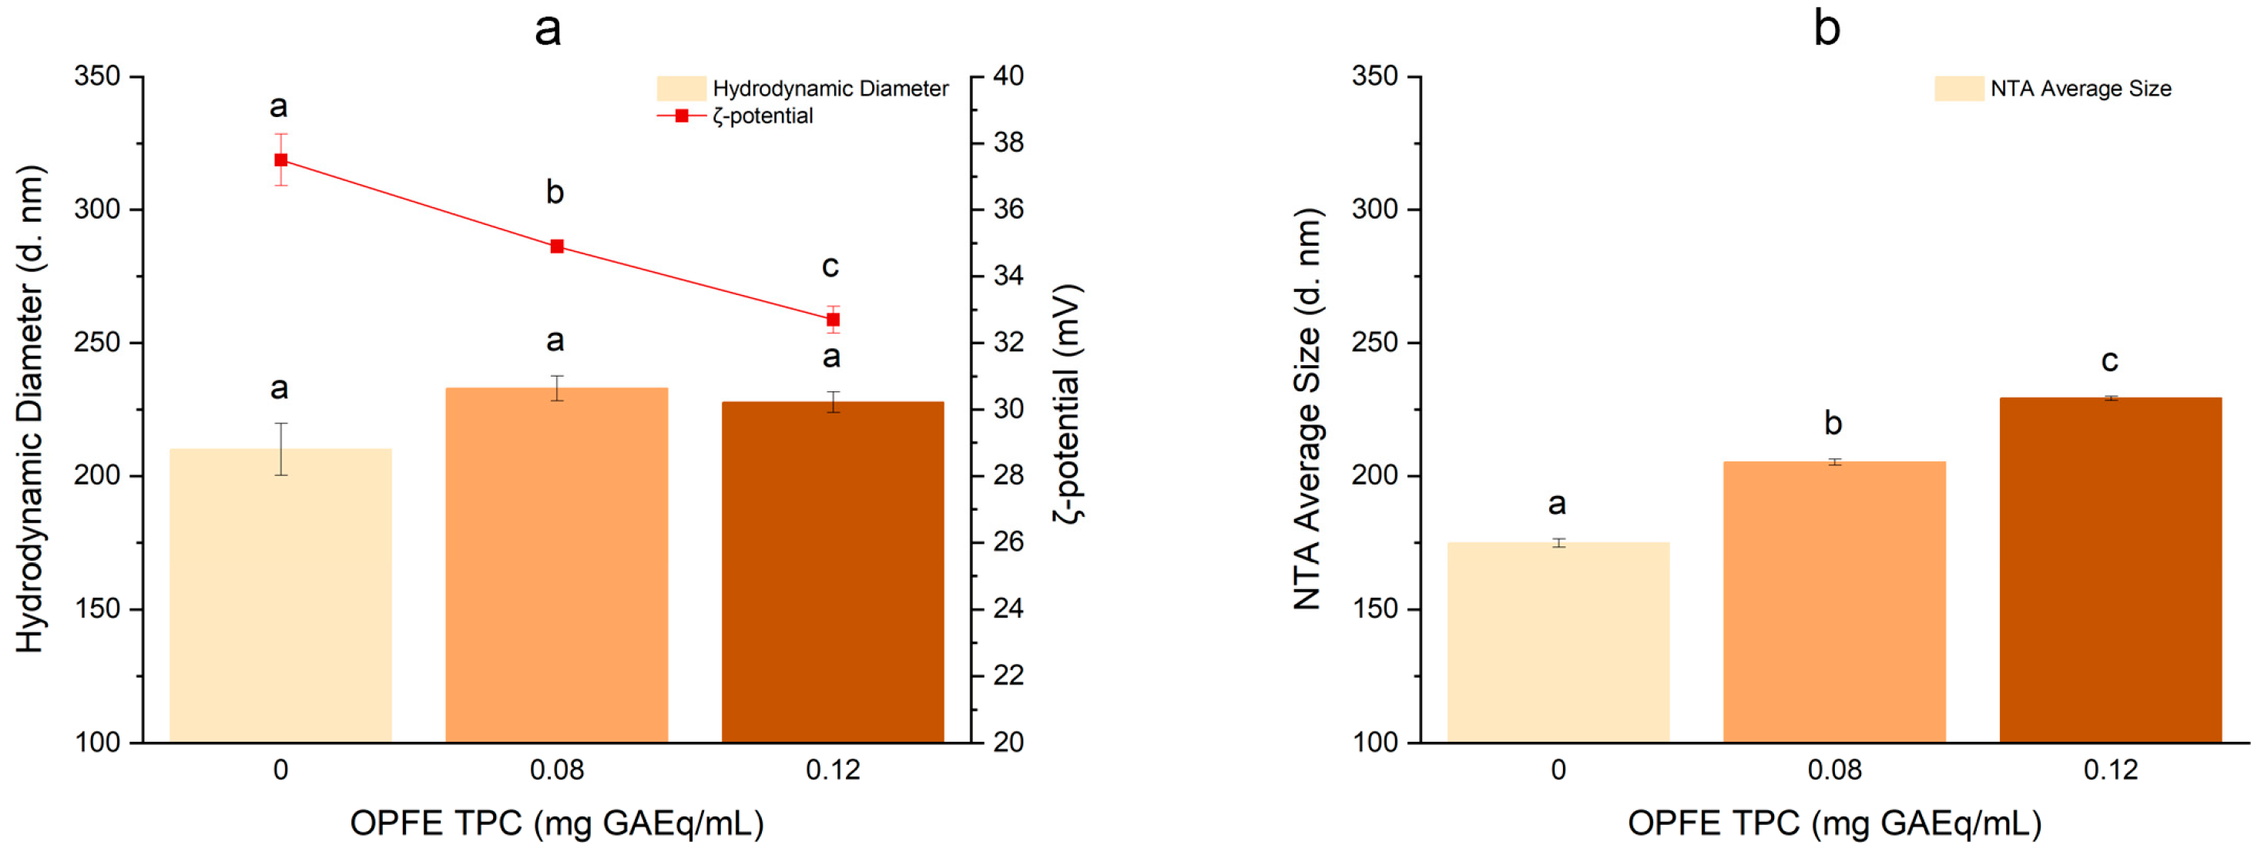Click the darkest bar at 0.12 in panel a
(832, 571)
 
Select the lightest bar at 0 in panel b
(1558, 641)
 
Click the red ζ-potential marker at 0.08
(556, 246)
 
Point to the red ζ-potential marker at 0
(281, 159)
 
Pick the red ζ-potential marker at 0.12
(832, 320)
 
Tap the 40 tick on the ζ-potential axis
(1008, 76)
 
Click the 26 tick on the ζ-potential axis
(1008, 541)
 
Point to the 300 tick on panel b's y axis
(1375, 209)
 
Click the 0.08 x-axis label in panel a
(556, 769)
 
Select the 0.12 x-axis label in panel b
(2110, 769)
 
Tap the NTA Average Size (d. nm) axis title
(1307, 408)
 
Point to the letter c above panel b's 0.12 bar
(2109, 360)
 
